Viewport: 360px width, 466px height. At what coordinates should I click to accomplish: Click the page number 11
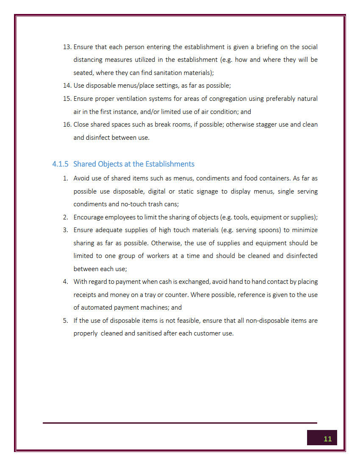click(327, 438)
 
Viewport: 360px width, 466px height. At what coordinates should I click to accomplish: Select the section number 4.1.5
click(60, 164)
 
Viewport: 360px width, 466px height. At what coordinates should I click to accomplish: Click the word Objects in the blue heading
click(110, 164)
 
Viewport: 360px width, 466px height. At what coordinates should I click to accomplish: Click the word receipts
click(84, 294)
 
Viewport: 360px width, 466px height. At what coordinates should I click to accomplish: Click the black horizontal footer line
click(180, 422)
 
